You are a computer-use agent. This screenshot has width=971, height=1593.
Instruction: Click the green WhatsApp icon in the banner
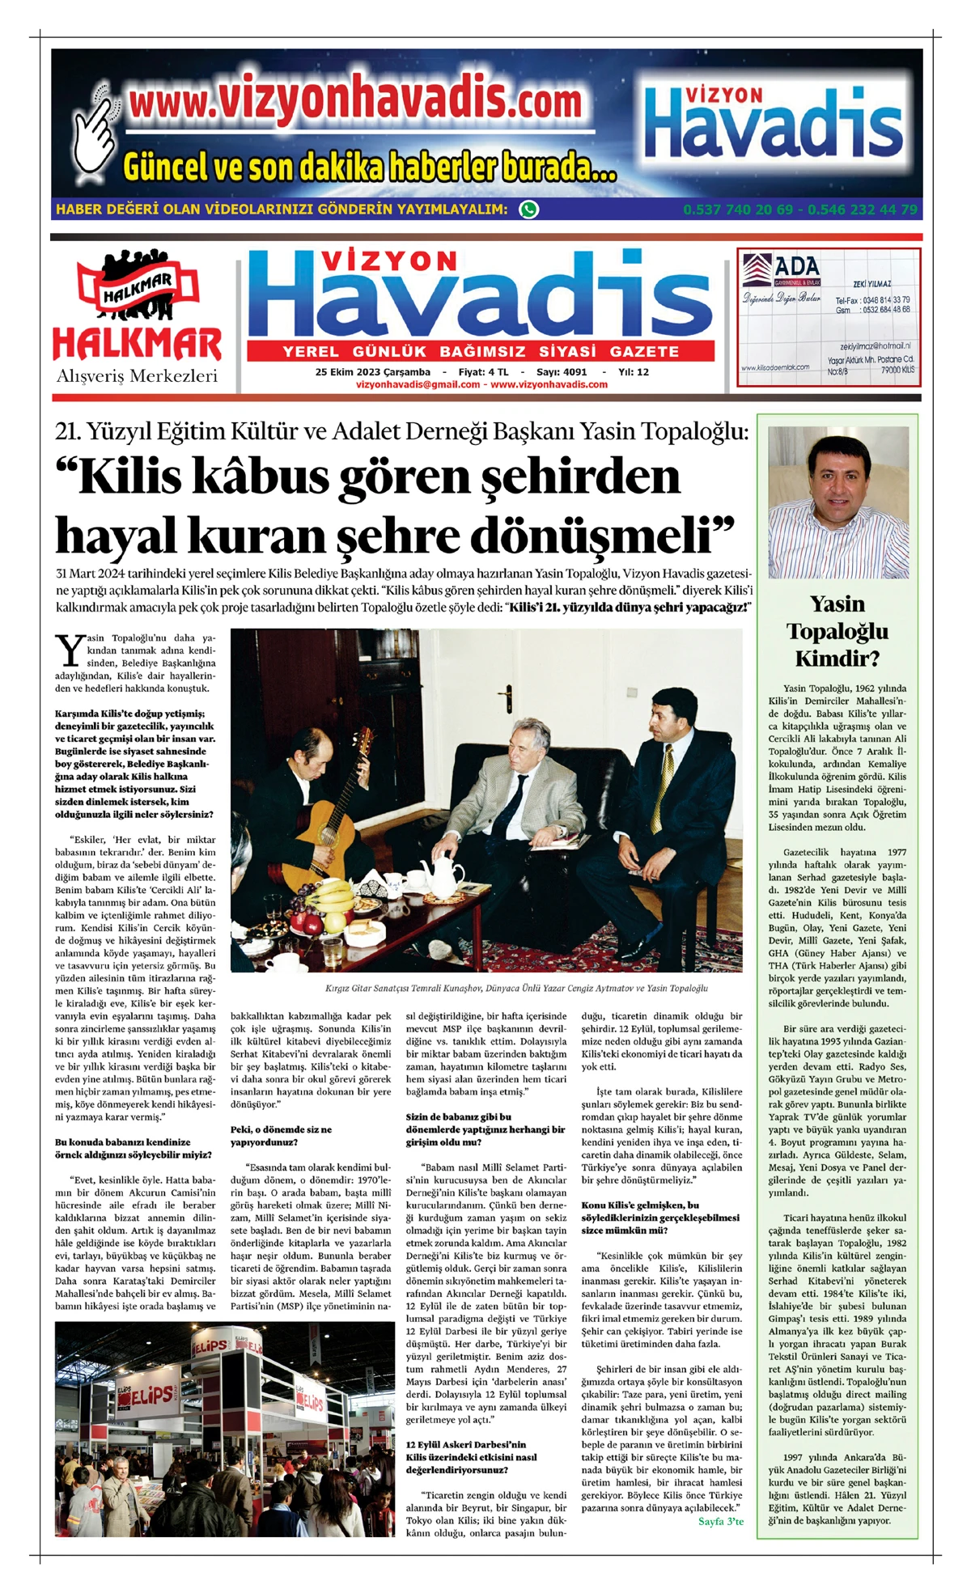tap(528, 210)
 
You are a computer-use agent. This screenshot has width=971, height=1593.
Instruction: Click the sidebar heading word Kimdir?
tap(837, 658)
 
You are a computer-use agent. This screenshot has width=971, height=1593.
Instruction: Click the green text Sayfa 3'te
tap(720, 1521)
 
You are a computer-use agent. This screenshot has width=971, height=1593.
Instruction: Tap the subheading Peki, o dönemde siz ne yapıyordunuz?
tap(281, 1136)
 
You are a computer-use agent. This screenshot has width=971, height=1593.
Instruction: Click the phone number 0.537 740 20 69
tap(738, 210)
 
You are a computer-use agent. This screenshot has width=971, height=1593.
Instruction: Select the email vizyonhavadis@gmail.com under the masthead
tap(418, 384)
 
